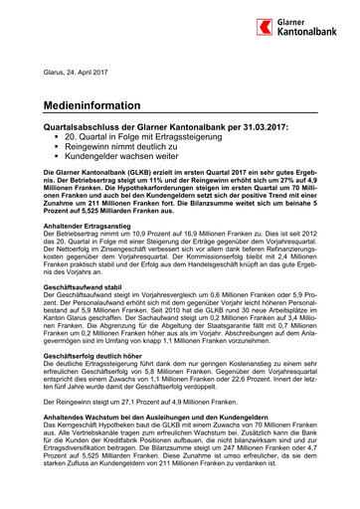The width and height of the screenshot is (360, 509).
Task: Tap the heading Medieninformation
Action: point(97,103)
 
